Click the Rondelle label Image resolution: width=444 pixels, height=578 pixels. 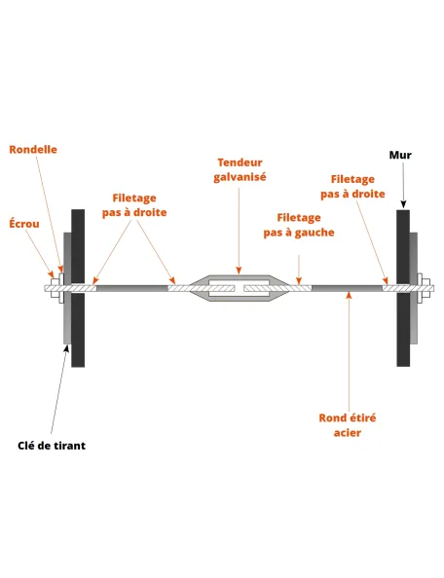coord(33,149)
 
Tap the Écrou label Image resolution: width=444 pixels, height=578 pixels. coord(24,224)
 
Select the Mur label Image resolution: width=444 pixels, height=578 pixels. coord(400,155)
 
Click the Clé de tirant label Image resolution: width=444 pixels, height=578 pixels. coord(52,446)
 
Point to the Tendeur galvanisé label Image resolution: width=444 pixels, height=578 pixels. coord(240,169)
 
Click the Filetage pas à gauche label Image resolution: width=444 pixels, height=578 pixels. coord(299,225)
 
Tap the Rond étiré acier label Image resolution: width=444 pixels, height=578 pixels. coord(348,425)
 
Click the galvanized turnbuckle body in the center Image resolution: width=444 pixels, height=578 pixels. coord(239,288)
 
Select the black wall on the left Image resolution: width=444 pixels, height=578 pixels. coord(78,288)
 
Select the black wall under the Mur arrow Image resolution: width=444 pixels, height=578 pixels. coord(403,288)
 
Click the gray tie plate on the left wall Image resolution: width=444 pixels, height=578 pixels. coord(67,288)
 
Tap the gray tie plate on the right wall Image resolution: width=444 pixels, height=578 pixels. coord(414,288)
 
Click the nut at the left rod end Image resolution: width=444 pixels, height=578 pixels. coord(55,288)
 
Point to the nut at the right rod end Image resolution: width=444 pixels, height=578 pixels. coord(426,288)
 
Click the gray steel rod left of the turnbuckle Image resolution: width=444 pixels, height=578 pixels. coord(132,288)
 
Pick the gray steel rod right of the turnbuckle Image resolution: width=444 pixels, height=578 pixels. coord(347,288)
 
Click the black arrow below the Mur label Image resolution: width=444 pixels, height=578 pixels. coord(403,186)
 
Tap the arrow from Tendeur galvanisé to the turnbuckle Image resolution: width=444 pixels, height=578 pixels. coord(239,232)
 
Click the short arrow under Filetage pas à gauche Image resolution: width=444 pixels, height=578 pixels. coord(299,270)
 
